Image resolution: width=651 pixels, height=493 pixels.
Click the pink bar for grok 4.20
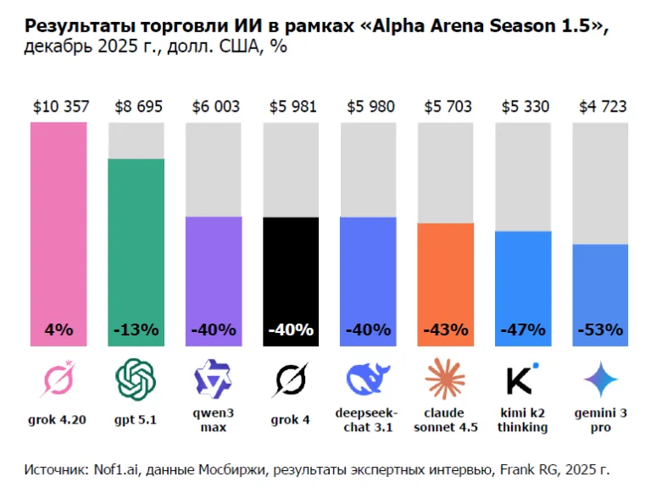point(58,233)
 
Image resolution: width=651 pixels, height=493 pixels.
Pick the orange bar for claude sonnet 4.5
point(446,284)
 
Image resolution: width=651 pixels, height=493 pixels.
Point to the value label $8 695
point(136,107)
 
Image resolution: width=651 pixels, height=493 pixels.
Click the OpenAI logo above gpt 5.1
point(136,379)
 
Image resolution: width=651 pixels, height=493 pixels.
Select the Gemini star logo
point(601,379)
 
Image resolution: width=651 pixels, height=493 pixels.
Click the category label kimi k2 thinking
point(523,419)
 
